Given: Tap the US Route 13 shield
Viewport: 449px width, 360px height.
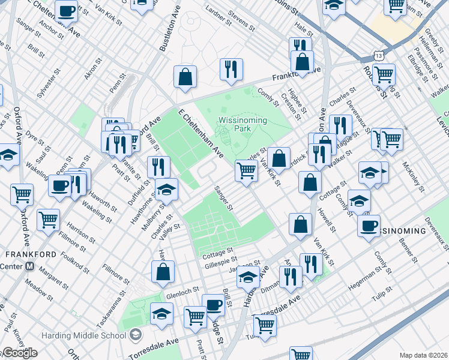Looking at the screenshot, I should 379,55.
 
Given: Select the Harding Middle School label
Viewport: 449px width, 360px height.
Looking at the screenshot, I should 91,334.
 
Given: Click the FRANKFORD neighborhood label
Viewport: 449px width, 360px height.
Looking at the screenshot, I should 31,254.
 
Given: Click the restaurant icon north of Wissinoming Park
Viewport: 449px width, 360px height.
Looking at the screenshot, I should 231,70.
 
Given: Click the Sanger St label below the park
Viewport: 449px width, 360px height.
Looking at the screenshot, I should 224,197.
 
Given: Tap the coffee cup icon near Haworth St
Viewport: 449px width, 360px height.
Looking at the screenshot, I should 60,186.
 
